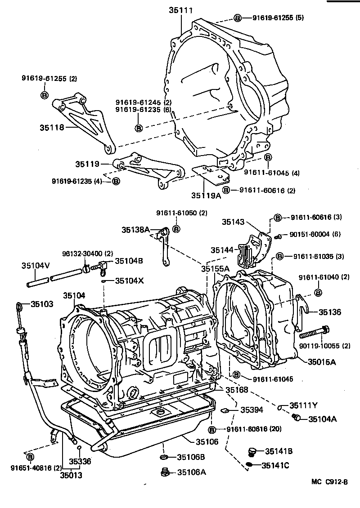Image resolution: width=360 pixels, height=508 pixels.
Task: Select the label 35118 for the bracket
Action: [x=50, y=127]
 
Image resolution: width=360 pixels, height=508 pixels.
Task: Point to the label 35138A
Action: [x=135, y=230]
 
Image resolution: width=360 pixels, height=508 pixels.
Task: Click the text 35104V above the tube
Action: [x=35, y=266]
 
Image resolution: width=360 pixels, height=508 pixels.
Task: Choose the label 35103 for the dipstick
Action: [x=42, y=304]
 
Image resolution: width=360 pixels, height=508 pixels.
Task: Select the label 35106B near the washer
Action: [x=191, y=457]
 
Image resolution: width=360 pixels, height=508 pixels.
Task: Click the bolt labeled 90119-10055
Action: [x=313, y=334]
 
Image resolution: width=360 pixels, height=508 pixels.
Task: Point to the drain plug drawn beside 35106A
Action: [x=165, y=472]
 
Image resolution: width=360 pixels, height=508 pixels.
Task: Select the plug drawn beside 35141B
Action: [x=253, y=451]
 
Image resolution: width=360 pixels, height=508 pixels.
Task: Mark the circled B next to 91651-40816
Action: [x=31, y=457]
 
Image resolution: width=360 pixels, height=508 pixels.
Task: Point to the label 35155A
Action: [x=216, y=268]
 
